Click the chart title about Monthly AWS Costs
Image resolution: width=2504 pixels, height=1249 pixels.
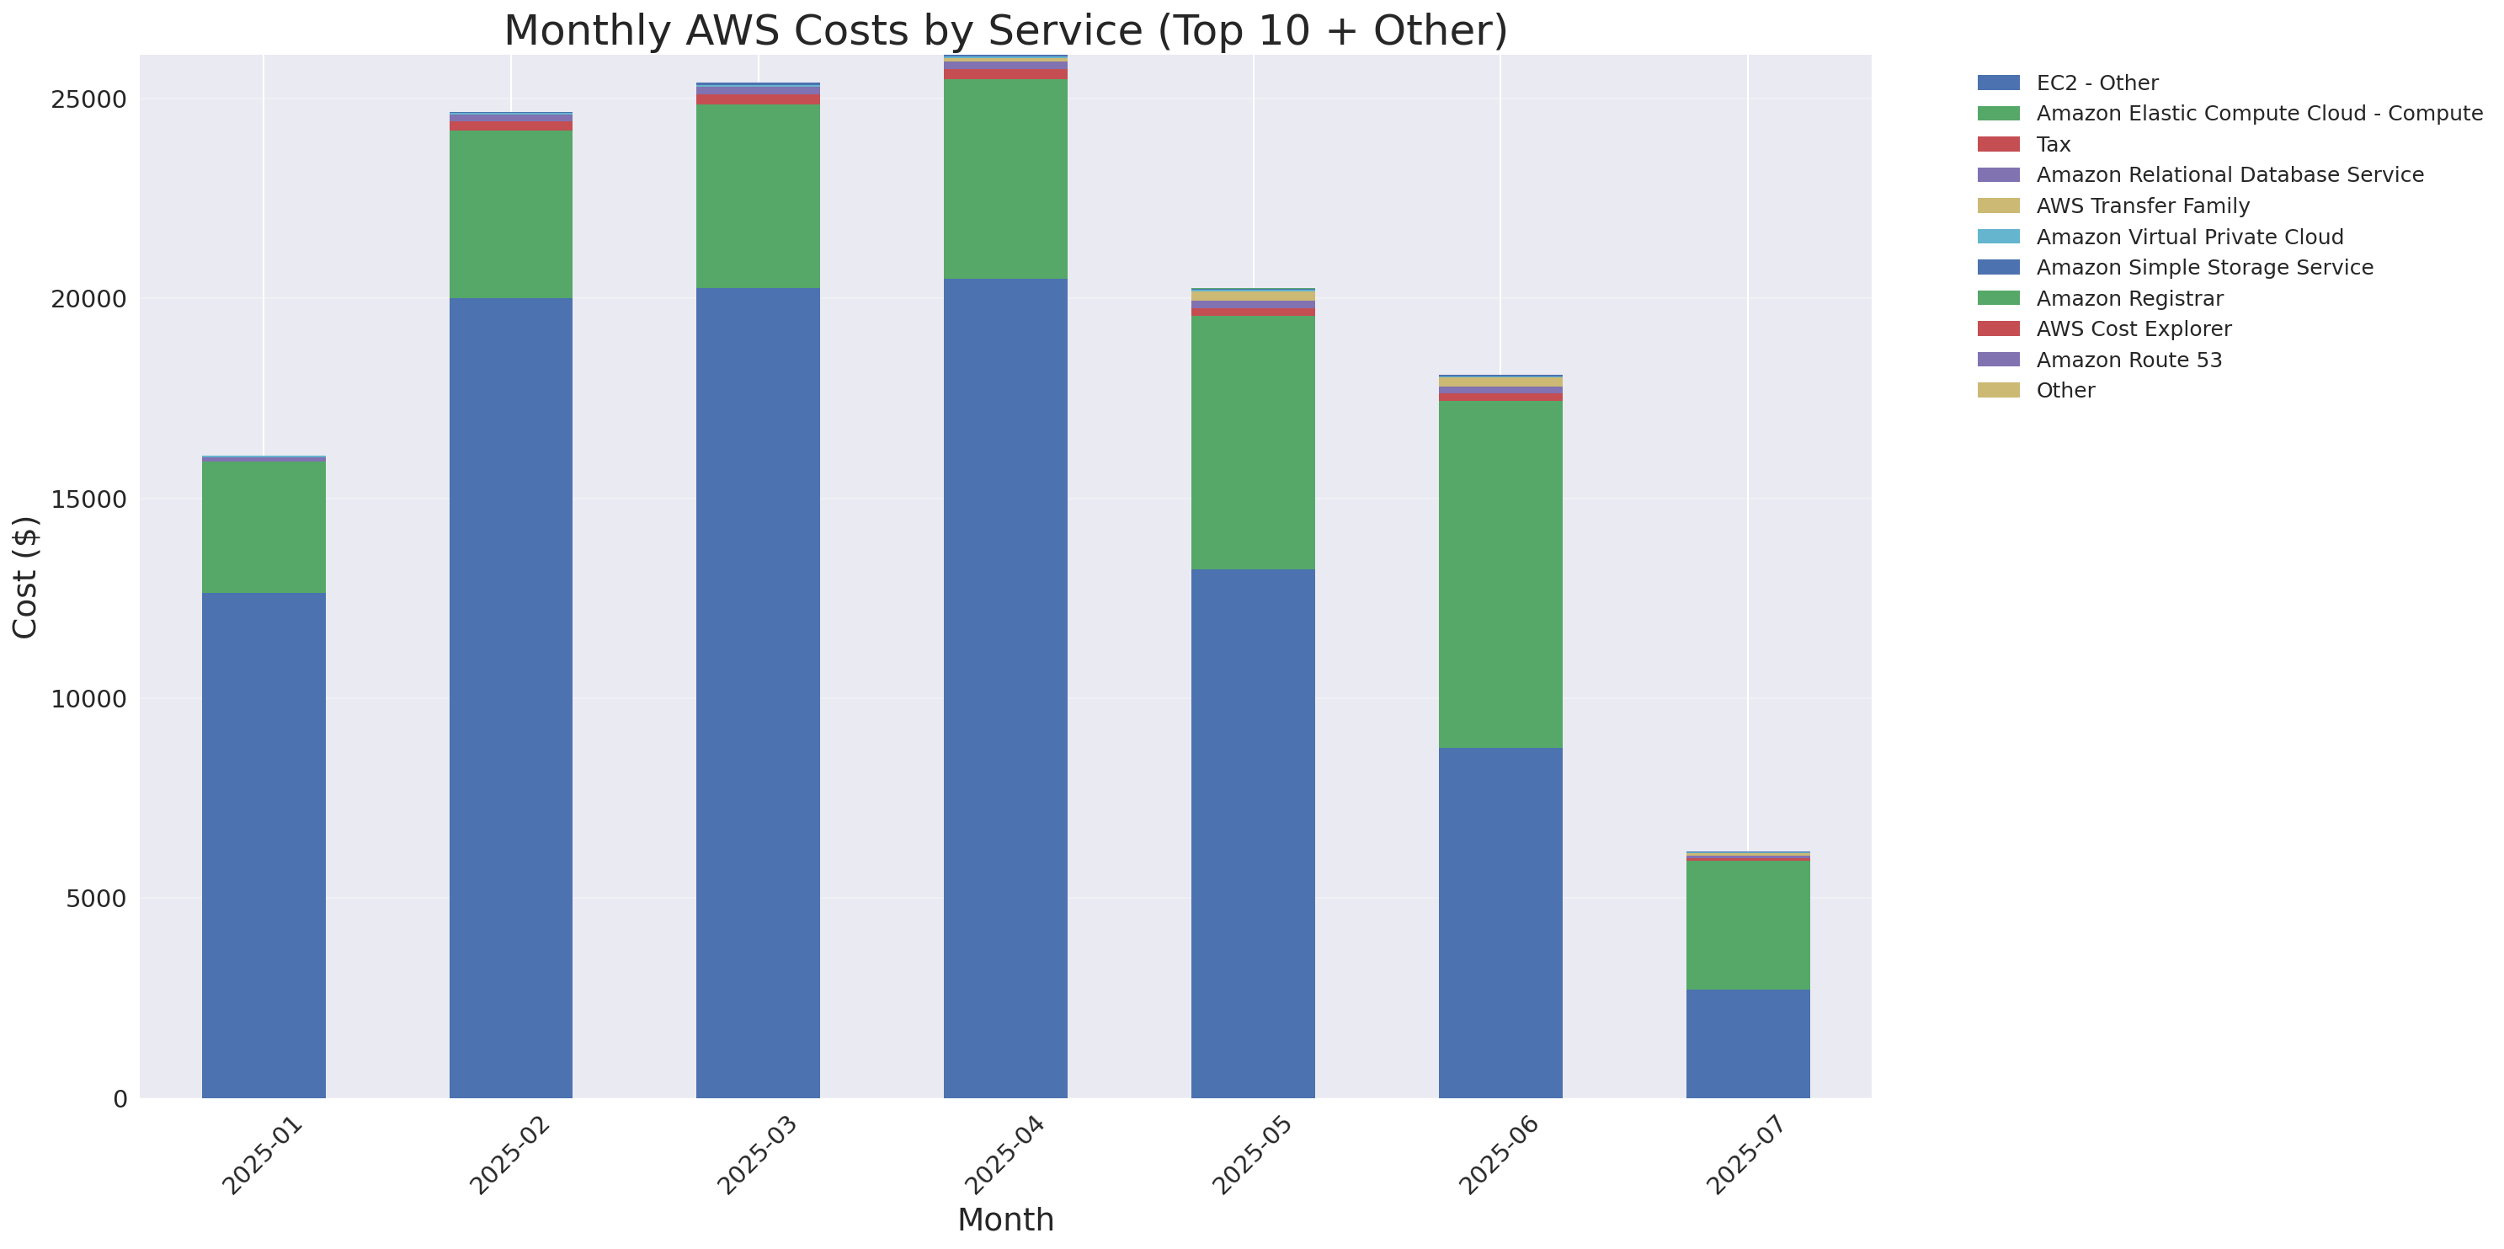1005,31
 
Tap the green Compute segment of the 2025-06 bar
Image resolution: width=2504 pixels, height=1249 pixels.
1500,574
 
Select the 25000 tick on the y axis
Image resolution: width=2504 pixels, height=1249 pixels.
88,100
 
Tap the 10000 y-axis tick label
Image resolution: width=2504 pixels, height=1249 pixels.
88,699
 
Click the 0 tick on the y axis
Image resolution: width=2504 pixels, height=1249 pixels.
120,1099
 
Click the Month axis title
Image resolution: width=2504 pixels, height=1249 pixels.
1005,1219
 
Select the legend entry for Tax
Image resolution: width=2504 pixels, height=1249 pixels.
2053,145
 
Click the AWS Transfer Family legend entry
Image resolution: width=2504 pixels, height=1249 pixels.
2143,206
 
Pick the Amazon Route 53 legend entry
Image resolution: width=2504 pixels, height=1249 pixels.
2128,360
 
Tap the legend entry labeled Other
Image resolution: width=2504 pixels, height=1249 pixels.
2064,391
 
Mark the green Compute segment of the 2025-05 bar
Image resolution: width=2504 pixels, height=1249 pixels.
1253,442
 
